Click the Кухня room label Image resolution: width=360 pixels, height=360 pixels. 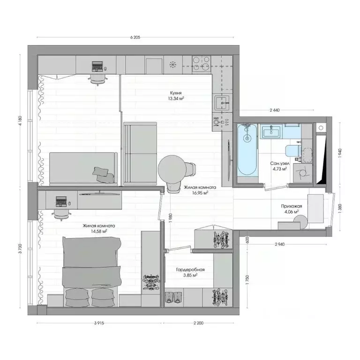pyautogui.click(x=176, y=93)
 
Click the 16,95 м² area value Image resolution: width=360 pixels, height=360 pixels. pyautogui.click(x=196, y=192)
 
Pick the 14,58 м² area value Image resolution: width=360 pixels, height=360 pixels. pyautogui.click(x=99, y=231)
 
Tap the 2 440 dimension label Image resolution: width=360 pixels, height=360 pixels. pyautogui.click(x=275, y=110)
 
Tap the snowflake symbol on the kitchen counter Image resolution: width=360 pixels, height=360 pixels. pyautogui.click(x=172, y=64)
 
